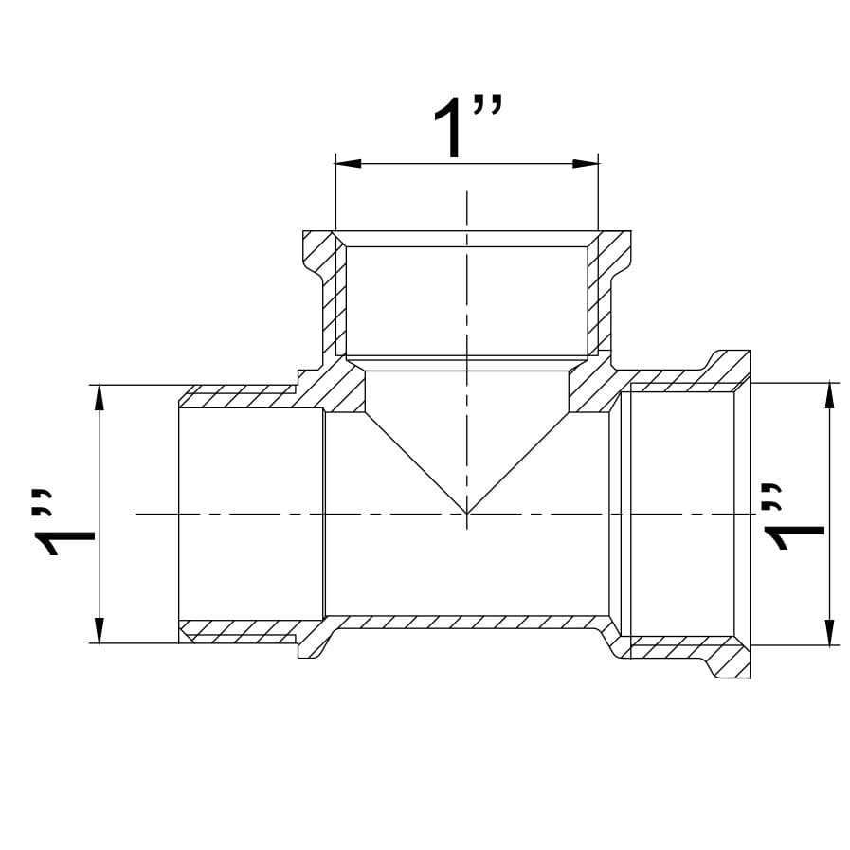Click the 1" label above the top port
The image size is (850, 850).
(468, 126)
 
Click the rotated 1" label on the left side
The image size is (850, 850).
(63, 523)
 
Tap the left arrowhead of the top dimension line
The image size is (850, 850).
(349, 163)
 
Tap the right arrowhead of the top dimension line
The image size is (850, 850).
(586, 163)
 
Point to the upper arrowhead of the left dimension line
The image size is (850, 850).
(99, 397)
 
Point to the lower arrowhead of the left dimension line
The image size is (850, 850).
(99, 630)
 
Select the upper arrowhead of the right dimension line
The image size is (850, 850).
(829, 395)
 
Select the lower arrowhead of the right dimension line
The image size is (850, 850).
(829, 632)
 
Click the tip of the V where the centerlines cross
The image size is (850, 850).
(467, 513)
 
